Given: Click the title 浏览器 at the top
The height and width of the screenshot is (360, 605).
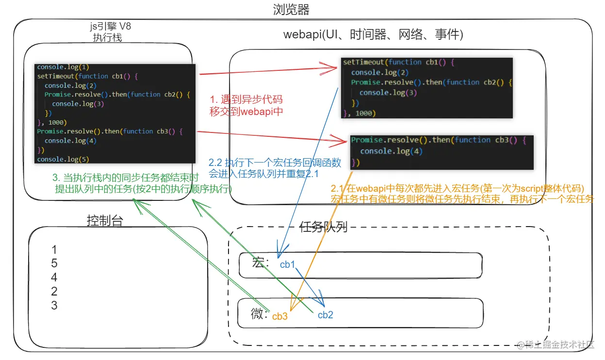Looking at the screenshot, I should [291, 9].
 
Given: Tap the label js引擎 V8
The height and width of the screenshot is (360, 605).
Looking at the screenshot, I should [110, 27].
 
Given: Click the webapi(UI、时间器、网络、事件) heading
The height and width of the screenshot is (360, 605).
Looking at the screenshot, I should [374, 35].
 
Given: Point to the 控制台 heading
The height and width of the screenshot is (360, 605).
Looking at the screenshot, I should [105, 221].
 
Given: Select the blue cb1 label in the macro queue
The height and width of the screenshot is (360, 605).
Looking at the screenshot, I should [288, 264].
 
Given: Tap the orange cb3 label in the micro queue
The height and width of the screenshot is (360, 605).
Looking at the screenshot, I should [280, 316].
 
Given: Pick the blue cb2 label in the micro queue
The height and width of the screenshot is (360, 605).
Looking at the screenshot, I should [325, 315].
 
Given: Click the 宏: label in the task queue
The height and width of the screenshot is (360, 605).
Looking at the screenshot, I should [261, 263].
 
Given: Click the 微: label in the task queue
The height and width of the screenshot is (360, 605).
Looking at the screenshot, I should [260, 314].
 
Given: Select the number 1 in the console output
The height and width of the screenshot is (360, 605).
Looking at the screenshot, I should [54, 250].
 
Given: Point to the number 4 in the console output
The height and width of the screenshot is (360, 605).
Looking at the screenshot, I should [54, 278].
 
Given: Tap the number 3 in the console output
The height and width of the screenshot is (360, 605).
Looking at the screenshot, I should [54, 305].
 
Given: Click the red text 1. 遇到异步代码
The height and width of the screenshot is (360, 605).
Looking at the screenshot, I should [246, 99].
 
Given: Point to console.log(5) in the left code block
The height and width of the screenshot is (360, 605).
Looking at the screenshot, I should [63, 159].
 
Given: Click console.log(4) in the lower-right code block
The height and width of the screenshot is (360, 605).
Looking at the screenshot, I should [391, 151].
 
